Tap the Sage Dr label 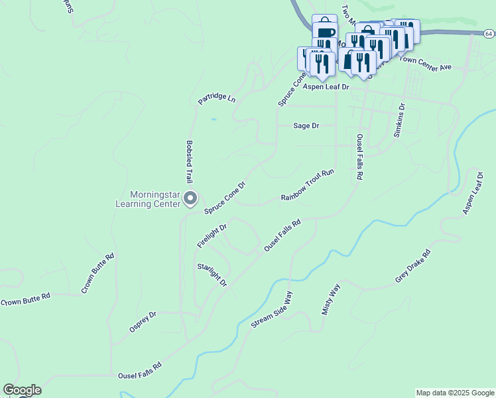[306, 125]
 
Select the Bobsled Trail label [189, 162]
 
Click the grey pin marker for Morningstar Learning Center [190, 198]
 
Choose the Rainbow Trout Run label [307, 185]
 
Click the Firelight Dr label [212, 236]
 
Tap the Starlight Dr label [212, 275]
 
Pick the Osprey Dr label [143, 322]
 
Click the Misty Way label [331, 299]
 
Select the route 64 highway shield [488, 33]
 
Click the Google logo [22, 390]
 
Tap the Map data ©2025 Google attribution [455, 393]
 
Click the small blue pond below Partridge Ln [213, 119]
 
